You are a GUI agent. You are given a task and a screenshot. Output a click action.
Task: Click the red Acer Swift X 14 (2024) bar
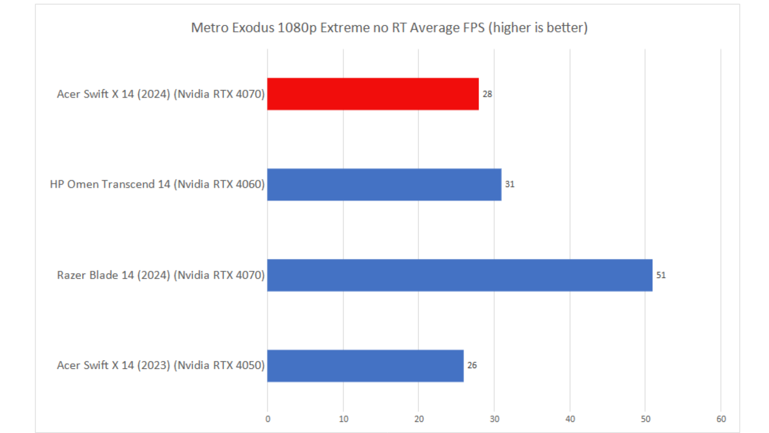373,94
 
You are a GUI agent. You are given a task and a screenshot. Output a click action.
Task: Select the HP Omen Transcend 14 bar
384,184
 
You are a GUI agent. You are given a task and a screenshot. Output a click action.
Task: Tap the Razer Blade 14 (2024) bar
460,275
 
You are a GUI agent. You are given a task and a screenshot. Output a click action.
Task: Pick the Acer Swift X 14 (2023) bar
365,366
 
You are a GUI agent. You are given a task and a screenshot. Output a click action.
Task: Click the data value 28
487,94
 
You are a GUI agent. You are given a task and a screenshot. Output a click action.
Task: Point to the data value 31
509,184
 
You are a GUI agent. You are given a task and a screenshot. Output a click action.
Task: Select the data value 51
661,275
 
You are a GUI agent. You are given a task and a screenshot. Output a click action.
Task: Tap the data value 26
472,366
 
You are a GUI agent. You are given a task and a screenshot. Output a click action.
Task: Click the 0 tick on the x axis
268,419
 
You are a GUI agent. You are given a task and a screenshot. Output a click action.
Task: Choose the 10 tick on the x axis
344,419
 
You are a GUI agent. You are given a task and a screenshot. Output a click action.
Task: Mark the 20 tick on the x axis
419,419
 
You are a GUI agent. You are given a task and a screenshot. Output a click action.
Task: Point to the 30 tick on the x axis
495,419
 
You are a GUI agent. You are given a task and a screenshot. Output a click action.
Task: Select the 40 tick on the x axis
570,419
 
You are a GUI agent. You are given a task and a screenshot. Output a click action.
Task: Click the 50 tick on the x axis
646,419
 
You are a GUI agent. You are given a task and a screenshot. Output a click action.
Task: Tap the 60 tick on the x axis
721,419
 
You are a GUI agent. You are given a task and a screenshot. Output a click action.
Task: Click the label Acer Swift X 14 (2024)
161,94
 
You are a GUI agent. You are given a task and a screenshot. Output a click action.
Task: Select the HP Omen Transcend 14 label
157,184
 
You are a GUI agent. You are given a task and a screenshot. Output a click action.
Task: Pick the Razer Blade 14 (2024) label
161,275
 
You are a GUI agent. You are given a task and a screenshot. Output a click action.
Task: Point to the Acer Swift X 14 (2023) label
161,366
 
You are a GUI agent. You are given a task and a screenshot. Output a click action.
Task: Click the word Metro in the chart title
209,28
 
